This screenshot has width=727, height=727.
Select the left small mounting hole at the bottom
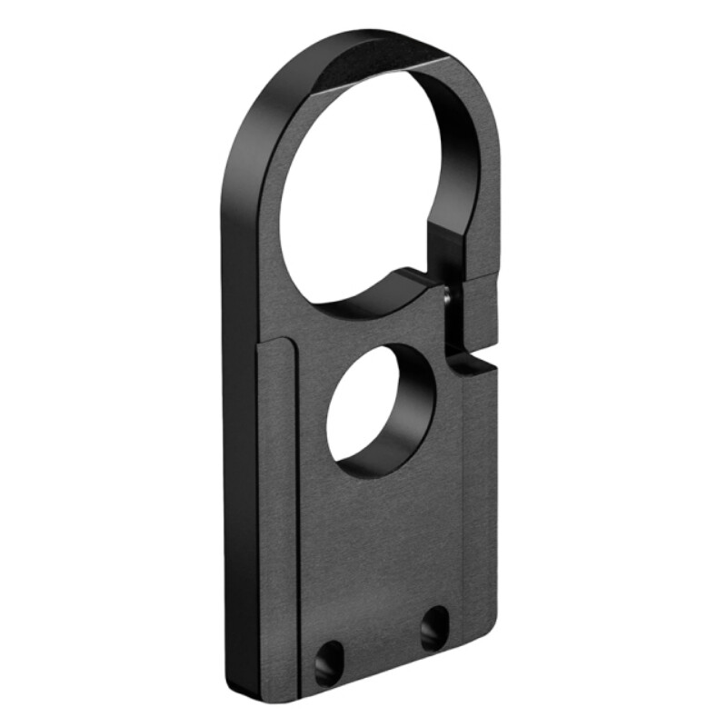coord(329,661)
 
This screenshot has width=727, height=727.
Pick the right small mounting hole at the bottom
coord(434,627)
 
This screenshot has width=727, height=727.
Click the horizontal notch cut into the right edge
coord(473,363)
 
